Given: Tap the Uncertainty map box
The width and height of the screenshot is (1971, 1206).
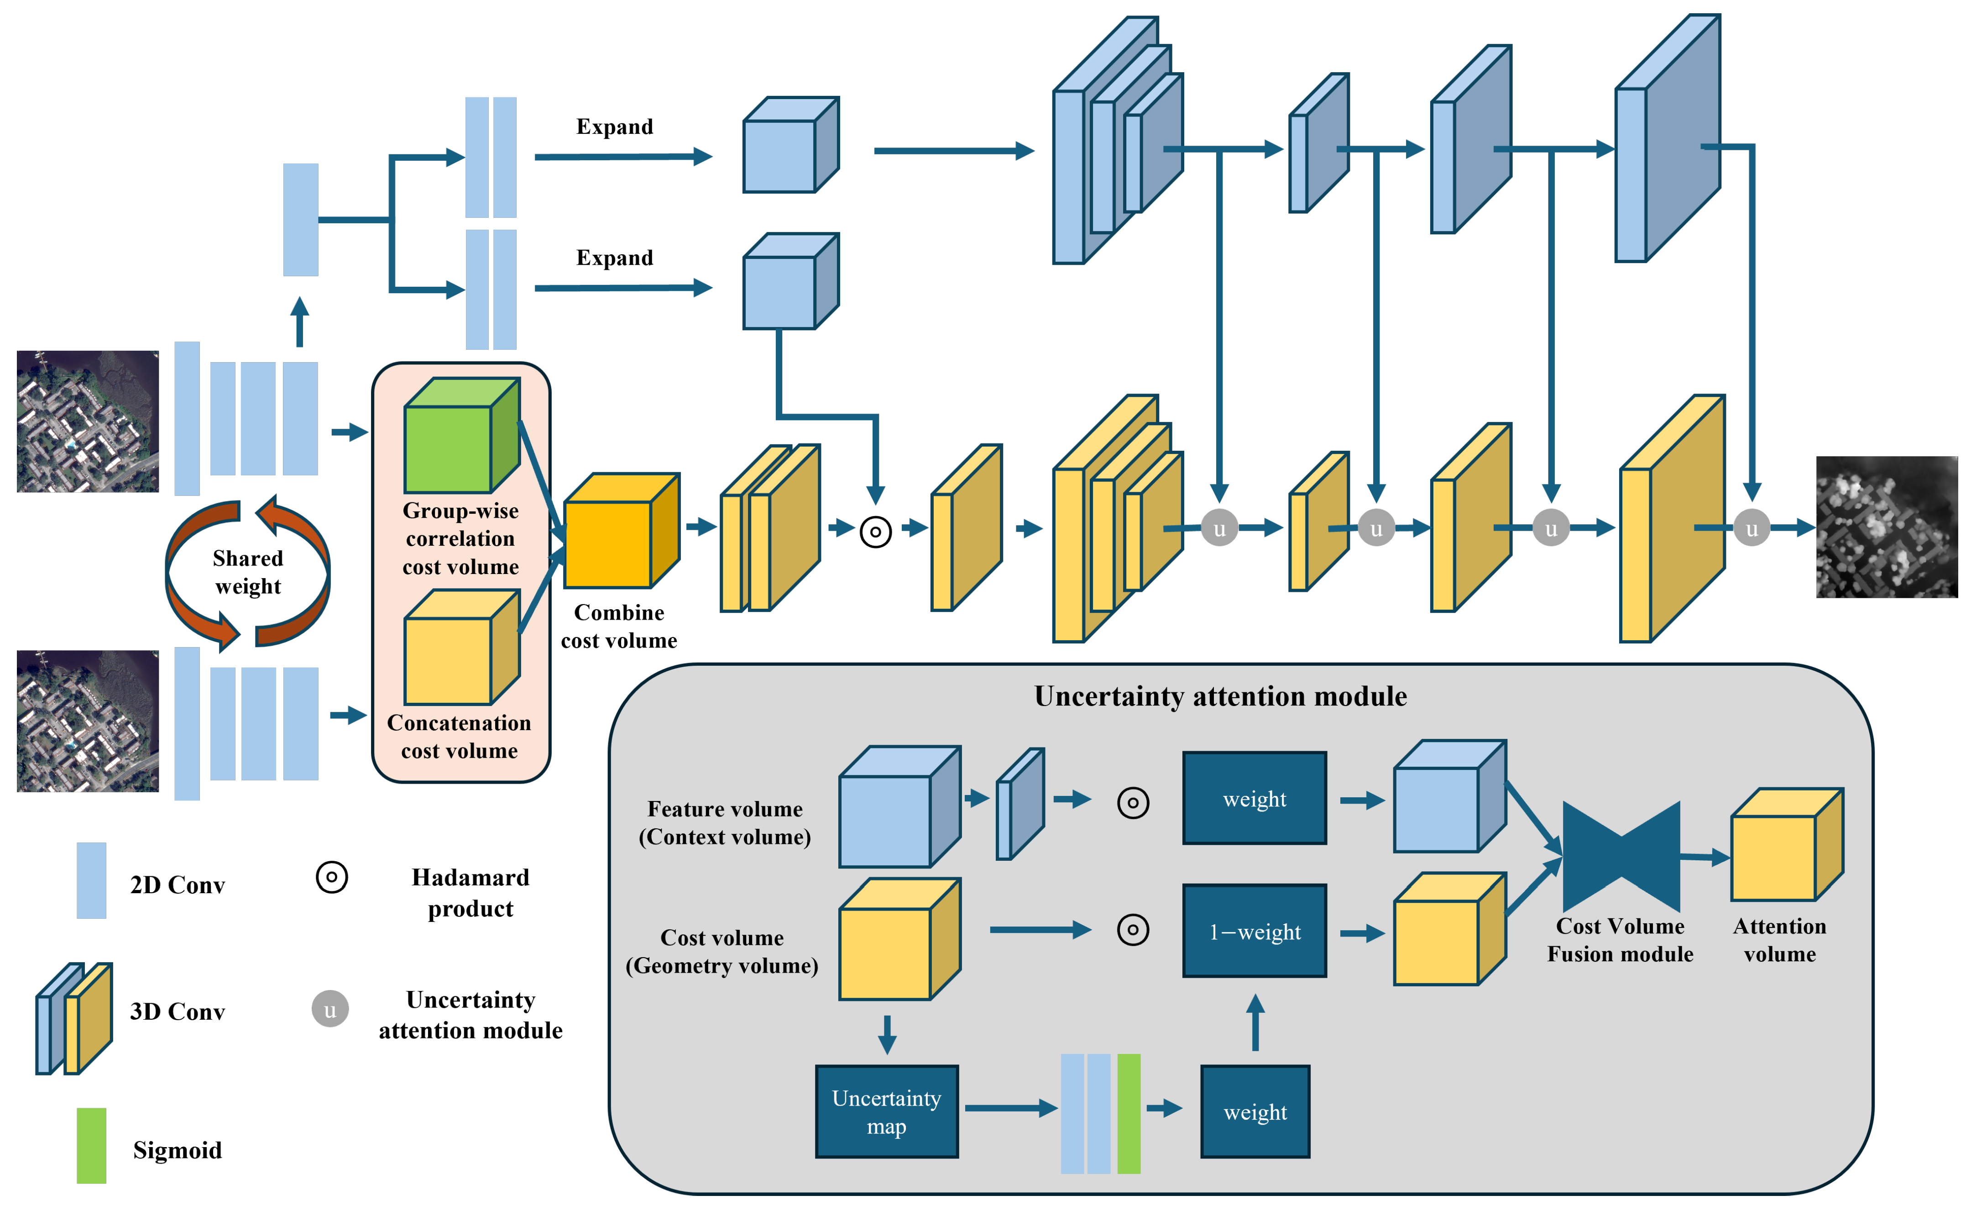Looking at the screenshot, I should (886, 1111).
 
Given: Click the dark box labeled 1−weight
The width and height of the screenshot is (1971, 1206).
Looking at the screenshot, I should (1254, 931).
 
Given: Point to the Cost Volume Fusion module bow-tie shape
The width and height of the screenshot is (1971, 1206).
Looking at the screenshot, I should (1620, 856).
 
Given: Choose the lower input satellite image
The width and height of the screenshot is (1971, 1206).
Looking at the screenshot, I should (88, 721).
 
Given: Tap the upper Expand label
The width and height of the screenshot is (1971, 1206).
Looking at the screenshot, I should (614, 126).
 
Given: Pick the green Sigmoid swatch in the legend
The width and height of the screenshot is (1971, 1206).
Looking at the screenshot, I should (91, 1145).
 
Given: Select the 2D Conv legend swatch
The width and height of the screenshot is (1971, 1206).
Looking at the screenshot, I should (91, 880).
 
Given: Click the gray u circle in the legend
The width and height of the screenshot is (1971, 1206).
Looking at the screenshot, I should (329, 1009).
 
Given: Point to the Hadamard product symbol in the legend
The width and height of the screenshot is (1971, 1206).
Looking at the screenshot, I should (331, 877).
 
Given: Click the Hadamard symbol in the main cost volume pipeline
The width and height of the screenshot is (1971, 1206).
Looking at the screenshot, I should (875, 532).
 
